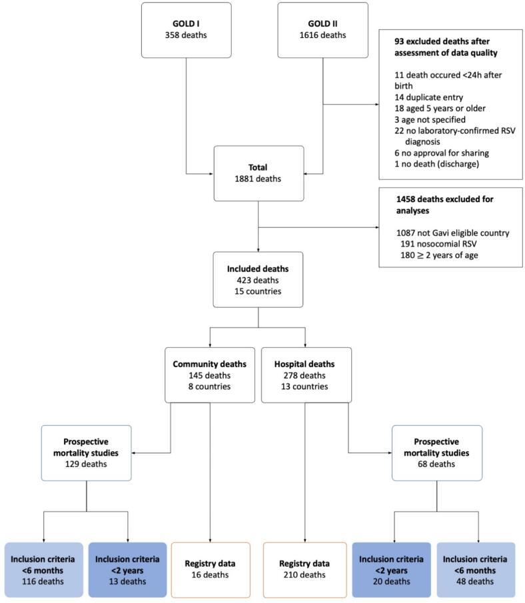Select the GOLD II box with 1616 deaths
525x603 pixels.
click(x=322, y=29)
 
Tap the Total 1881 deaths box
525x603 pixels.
click(x=258, y=173)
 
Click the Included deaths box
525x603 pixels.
click(x=258, y=279)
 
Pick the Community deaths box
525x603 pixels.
click(x=210, y=374)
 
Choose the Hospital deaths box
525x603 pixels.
click(x=306, y=374)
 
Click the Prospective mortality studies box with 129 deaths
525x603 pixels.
click(x=87, y=452)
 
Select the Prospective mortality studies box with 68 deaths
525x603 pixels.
click(x=436, y=452)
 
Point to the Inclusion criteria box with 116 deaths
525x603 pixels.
click(x=43, y=569)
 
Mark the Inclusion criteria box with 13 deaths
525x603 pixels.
click(x=127, y=569)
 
